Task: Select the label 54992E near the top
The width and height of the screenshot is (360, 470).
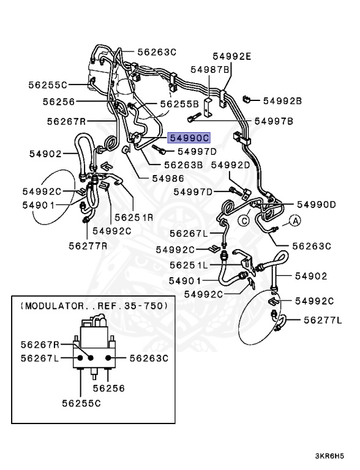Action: click(232, 56)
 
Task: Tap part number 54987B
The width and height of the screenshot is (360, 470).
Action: click(210, 70)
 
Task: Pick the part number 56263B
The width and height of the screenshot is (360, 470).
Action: click(183, 164)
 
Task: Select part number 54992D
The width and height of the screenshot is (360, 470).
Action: click(231, 165)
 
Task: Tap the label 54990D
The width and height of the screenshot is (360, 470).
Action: click(317, 204)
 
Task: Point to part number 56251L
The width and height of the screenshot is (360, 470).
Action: click(188, 266)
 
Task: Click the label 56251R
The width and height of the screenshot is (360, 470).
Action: click(132, 217)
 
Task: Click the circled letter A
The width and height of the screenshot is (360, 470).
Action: click(295, 221)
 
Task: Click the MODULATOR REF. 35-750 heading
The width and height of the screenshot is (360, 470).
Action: click(93, 305)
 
